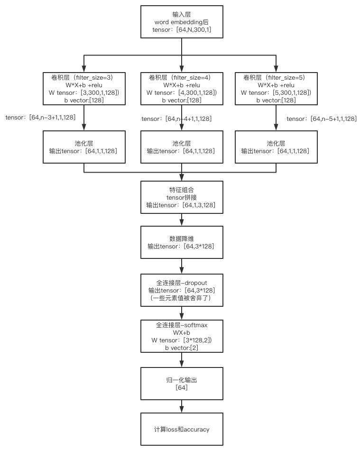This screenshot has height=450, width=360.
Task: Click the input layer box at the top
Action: [182, 22]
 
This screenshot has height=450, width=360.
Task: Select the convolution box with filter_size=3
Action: [84, 88]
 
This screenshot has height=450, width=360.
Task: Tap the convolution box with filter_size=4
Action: [182, 88]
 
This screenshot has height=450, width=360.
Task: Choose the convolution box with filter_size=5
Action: [276, 88]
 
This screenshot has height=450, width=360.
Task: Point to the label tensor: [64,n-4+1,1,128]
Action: [176, 119]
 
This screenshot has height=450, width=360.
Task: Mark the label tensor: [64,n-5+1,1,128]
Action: [322, 119]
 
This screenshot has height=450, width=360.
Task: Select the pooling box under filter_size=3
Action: [84, 147]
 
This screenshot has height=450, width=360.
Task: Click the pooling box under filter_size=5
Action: [276, 147]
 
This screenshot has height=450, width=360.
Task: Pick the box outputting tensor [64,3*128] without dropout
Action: [182, 242]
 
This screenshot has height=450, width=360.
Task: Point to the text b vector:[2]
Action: [182, 348]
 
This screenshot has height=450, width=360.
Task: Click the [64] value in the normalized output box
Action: [182, 387]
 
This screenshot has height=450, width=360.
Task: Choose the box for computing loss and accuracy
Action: [182, 429]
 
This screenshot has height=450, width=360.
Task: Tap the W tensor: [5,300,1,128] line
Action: [276, 92]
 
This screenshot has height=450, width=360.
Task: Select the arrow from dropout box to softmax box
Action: [182, 313]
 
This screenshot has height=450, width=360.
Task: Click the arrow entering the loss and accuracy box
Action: [182, 406]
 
